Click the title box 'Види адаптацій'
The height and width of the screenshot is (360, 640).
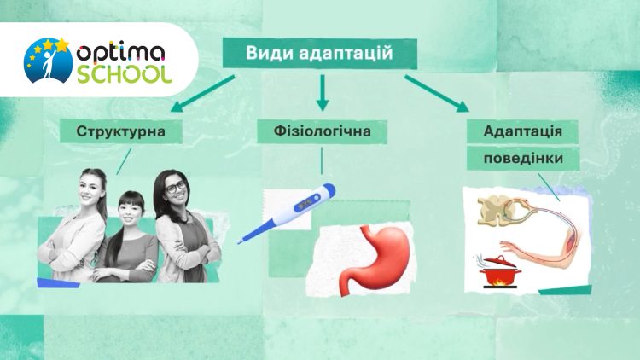point(320,54)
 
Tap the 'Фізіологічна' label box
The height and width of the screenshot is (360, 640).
point(322,132)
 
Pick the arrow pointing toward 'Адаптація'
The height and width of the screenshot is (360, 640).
point(437,94)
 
